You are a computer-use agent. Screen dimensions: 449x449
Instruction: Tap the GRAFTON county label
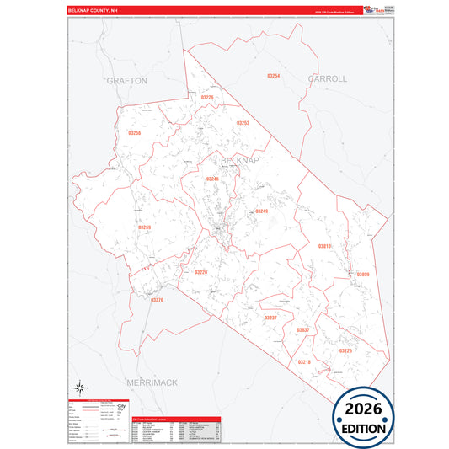point(127,80)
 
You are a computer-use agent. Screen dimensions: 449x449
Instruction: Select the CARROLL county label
point(327,78)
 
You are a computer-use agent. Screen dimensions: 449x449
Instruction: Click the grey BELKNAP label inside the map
point(240,159)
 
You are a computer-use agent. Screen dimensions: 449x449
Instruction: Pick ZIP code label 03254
point(273,76)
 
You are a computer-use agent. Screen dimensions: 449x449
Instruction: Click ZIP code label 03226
point(207,98)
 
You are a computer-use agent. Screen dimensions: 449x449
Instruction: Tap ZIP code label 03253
point(243,123)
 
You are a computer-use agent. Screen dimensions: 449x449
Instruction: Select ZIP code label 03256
point(135,133)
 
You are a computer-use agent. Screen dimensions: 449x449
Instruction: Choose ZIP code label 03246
point(212,179)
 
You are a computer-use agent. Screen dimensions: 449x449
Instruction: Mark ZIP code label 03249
point(261,211)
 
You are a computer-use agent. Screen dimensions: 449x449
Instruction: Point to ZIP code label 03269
point(144,227)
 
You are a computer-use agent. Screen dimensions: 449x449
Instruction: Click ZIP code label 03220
point(200,272)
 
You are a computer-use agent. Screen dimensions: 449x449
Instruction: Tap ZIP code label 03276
point(157,300)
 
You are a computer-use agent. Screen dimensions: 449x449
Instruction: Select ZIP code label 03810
point(324,246)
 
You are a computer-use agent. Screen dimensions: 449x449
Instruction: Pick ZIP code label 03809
point(363,275)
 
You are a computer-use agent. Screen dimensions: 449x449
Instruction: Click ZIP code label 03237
point(270,318)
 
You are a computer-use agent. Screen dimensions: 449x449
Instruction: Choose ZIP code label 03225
point(346,350)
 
